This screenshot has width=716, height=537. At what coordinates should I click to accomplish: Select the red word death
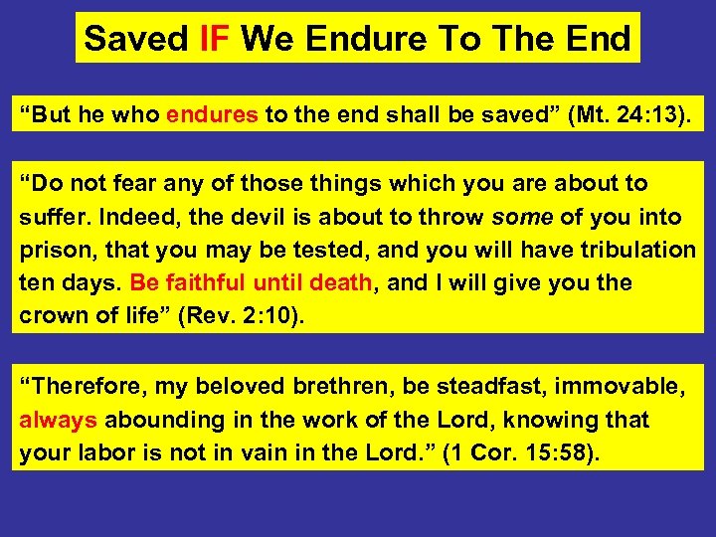pyautogui.click(x=340, y=282)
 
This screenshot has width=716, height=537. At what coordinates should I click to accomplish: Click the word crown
pyautogui.click(x=52, y=315)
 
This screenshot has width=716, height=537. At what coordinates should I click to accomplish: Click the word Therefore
pyautogui.click(x=82, y=387)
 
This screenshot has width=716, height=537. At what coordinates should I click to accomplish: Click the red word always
pyautogui.click(x=58, y=420)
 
